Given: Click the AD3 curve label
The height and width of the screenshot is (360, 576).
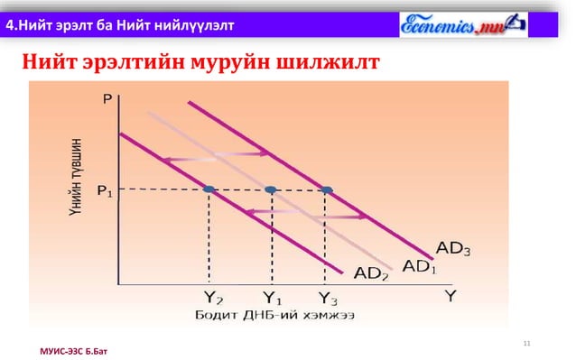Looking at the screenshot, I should pos(453,246).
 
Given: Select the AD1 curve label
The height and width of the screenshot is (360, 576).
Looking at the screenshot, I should pos(419,266).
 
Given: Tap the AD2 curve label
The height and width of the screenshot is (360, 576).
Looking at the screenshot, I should pos(370,273).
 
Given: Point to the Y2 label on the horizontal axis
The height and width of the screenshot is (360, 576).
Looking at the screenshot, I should pos(213,296).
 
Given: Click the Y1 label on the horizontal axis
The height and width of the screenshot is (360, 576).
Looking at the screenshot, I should pos(272,296).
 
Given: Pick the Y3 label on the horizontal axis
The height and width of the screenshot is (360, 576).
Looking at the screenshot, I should pos(328,296).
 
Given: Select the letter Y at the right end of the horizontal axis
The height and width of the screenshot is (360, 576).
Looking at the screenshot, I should pos(449,295).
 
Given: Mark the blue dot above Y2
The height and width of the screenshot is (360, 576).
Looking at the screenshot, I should pos(209,189).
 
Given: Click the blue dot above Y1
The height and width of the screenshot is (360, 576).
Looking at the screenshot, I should pos(271,189).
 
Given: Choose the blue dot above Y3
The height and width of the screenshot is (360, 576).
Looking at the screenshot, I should pos(327,189).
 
